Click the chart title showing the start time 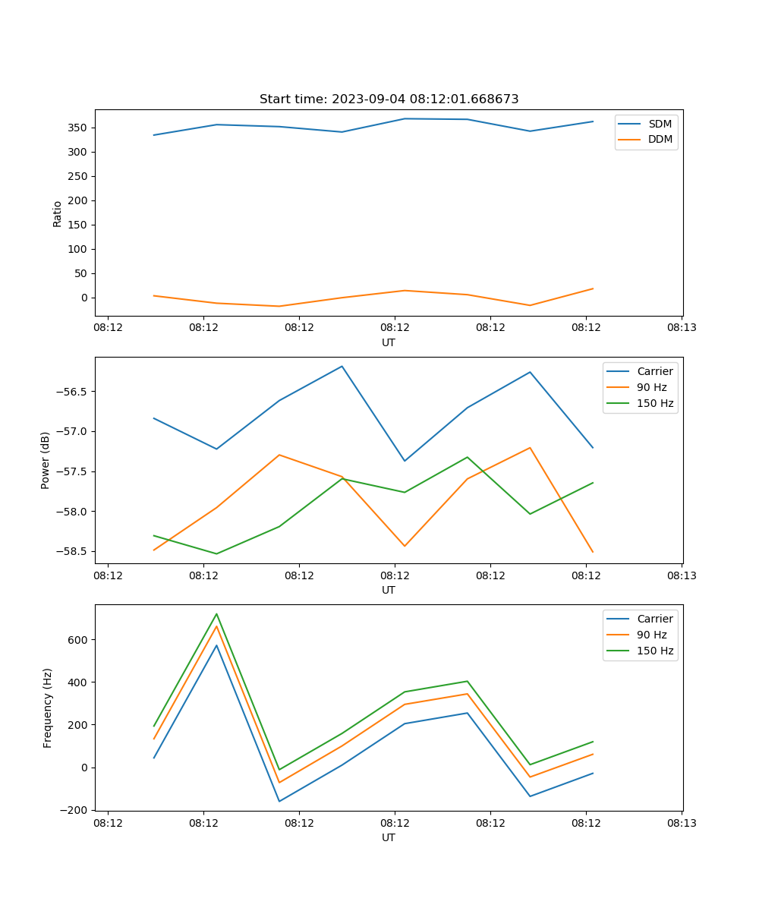tap(389, 99)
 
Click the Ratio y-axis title tap(58, 213)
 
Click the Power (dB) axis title tap(46, 460)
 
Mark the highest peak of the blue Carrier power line tap(342, 366)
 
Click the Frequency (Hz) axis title tap(48, 708)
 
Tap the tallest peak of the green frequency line tap(216, 613)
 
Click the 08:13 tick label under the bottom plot tap(682, 822)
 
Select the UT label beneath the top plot tap(389, 342)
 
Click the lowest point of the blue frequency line tap(279, 801)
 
